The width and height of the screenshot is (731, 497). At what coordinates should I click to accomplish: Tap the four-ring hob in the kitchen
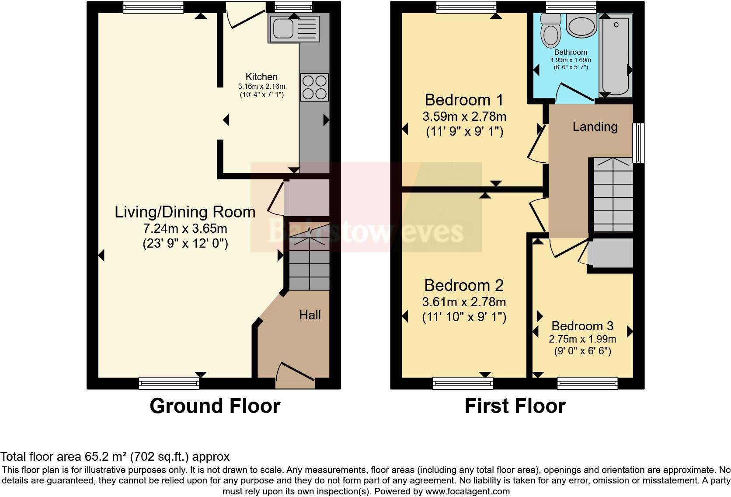pos(314,87)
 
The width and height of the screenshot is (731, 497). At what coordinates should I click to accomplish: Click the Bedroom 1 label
pos(464,100)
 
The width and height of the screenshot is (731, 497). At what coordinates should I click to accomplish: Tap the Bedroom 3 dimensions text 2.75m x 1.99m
pos(582,339)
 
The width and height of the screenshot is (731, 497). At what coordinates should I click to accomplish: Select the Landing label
pos(595,127)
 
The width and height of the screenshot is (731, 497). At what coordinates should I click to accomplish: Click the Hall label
pos(310,315)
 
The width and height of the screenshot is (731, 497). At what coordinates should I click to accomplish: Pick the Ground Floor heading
pos(215,406)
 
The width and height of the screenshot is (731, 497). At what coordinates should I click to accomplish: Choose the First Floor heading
pos(515,406)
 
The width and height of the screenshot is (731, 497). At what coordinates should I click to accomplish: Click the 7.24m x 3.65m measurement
pos(185,228)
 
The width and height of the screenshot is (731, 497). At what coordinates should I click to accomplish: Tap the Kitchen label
pos(261,77)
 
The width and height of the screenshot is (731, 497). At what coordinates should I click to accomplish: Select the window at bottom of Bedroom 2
pos(463,384)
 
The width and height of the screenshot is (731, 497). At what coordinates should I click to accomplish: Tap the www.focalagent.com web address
pos(467,491)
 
